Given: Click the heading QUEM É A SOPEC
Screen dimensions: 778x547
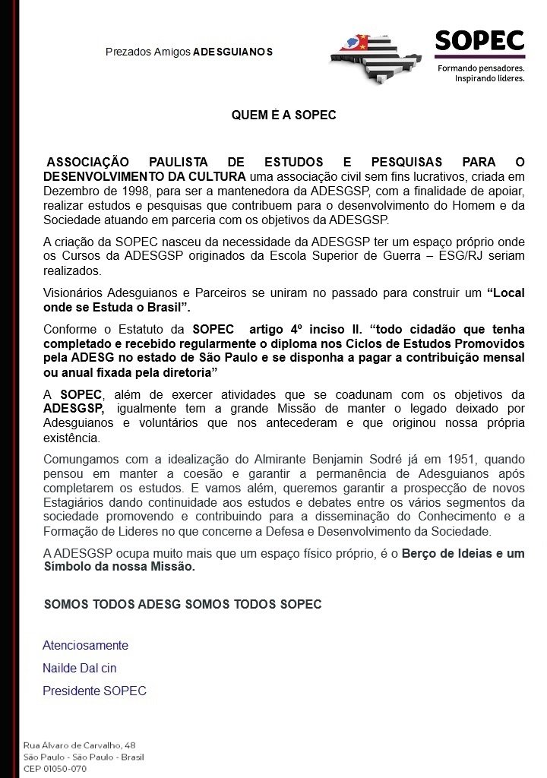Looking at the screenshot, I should [283, 116].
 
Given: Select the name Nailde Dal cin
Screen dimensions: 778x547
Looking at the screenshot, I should [80, 668].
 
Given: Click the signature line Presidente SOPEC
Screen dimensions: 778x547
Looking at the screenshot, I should [94, 691].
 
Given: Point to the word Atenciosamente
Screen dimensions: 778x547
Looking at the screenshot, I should [85, 645].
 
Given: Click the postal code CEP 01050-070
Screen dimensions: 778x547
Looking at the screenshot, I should [55, 768].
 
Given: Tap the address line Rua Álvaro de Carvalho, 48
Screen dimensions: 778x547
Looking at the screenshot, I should [80, 745].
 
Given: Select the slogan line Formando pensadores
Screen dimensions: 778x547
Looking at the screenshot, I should [481, 68].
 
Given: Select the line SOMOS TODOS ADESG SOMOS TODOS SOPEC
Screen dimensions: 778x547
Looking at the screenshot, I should [183, 604].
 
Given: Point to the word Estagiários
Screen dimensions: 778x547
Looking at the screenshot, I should [77, 502].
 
